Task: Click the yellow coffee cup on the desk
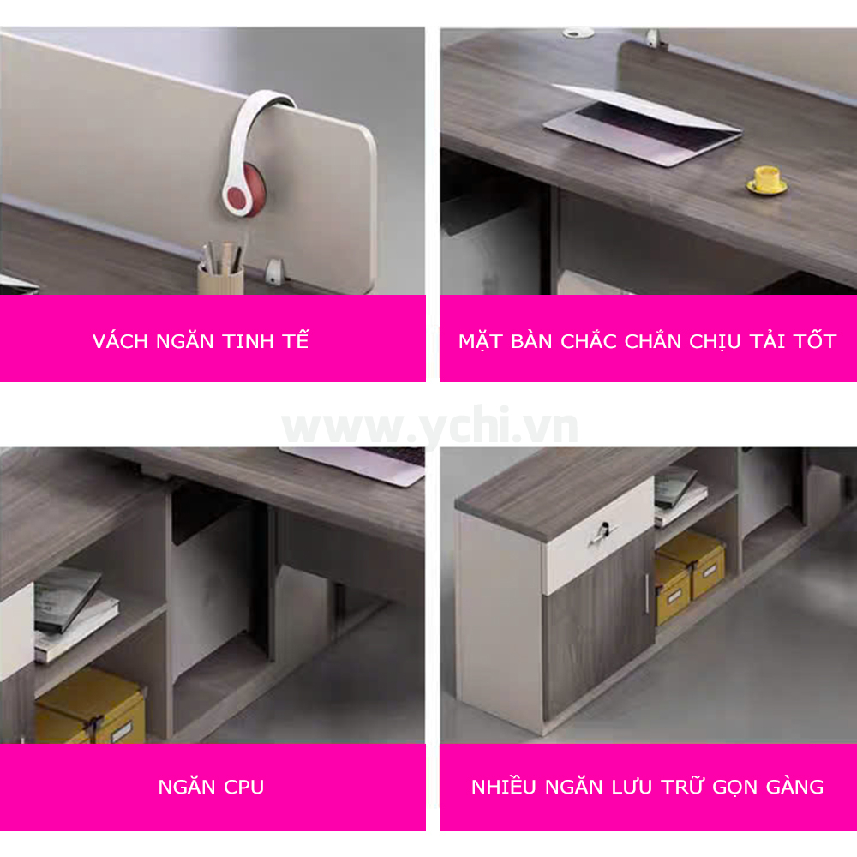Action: pyautogui.click(x=767, y=180)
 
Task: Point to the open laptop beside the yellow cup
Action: pyautogui.click(x=643, y=124)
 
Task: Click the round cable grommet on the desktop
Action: pyautogui.click(x=578, y=33)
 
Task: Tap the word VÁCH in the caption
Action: pyautogui.click(x=120, y=341)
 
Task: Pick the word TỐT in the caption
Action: pyautogui.click(x=814, y=341)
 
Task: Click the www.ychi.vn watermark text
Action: pyautogui.click(x=429, y=426)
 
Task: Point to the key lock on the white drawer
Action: pyautogui.click(x=604, y=532)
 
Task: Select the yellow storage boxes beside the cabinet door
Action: pyautogui.click(x=690, y=578)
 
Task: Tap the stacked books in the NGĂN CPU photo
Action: pyautogui.click(x=74, y=614)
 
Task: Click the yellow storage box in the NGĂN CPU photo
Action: pyautogui.click(x=90, y=707)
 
